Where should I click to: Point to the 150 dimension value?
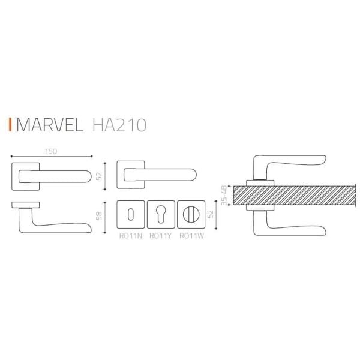coord(51,151)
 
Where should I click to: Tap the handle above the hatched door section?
coord(288,165)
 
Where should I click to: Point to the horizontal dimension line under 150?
coord(51,157)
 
